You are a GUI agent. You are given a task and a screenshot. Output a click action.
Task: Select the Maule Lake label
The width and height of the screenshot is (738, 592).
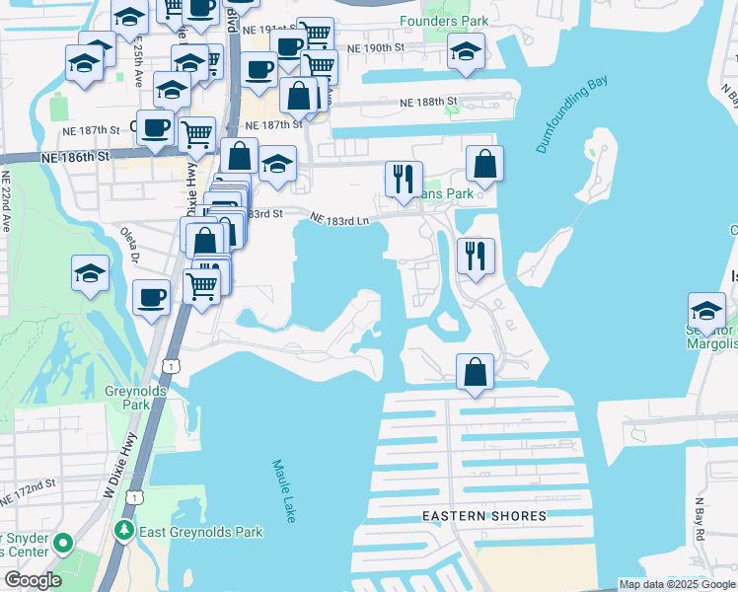285,490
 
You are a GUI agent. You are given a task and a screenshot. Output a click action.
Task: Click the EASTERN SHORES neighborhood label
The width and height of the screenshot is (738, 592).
483,516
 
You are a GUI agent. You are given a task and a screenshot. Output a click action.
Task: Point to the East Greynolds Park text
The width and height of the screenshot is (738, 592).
201,532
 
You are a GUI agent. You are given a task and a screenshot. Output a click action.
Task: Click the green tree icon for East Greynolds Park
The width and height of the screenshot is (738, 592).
123,532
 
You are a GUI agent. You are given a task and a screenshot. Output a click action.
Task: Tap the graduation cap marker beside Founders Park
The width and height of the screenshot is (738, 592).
466,52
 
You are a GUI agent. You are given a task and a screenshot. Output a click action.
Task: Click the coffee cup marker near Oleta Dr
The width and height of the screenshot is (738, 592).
151,298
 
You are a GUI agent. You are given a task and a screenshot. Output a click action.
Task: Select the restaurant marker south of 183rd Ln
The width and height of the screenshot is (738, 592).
476,257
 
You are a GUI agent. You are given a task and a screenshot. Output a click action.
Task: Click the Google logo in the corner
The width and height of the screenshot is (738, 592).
33,580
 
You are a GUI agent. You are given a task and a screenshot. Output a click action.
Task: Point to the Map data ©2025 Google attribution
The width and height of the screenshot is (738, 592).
676,584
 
